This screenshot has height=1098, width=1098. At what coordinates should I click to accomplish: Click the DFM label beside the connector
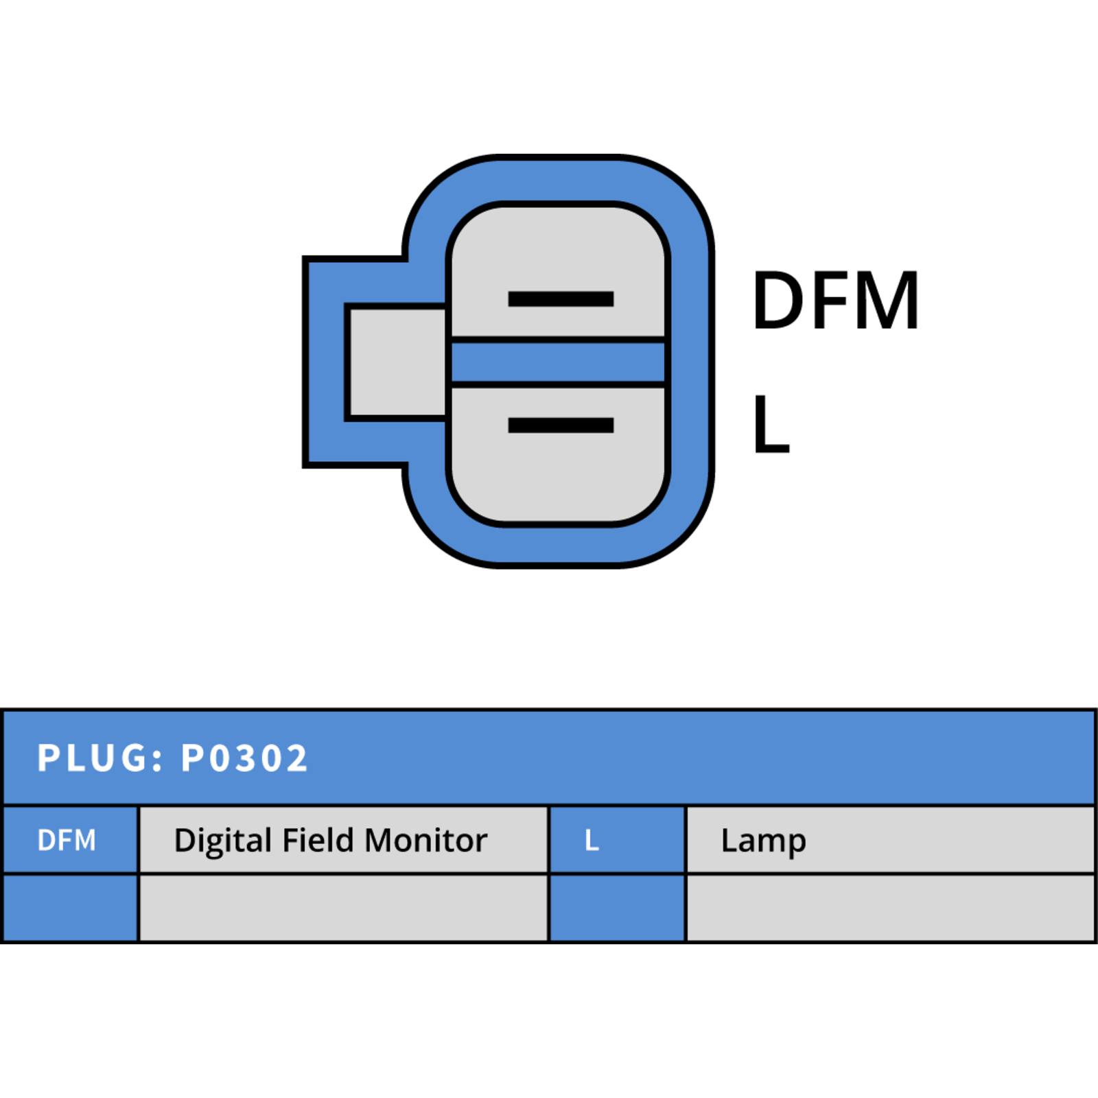tap(835, 300)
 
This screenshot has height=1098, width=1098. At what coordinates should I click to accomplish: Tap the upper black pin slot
tap(561, 299)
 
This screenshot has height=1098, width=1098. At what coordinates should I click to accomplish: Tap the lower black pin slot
tap(561, 425)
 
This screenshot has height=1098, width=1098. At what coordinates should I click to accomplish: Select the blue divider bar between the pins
tap(558, 362)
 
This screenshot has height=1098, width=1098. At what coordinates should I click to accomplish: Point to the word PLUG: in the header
tap(100, 758)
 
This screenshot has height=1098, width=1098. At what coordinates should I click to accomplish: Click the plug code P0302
tap(244, 758)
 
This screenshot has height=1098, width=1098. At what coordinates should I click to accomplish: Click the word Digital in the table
tap(224, 841)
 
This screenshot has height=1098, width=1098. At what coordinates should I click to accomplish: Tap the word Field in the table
tap(318, 840)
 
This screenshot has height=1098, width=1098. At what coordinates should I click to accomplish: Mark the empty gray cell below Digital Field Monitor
tap(344, 907)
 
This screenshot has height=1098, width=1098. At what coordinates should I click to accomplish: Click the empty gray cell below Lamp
tap(890, 907)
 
